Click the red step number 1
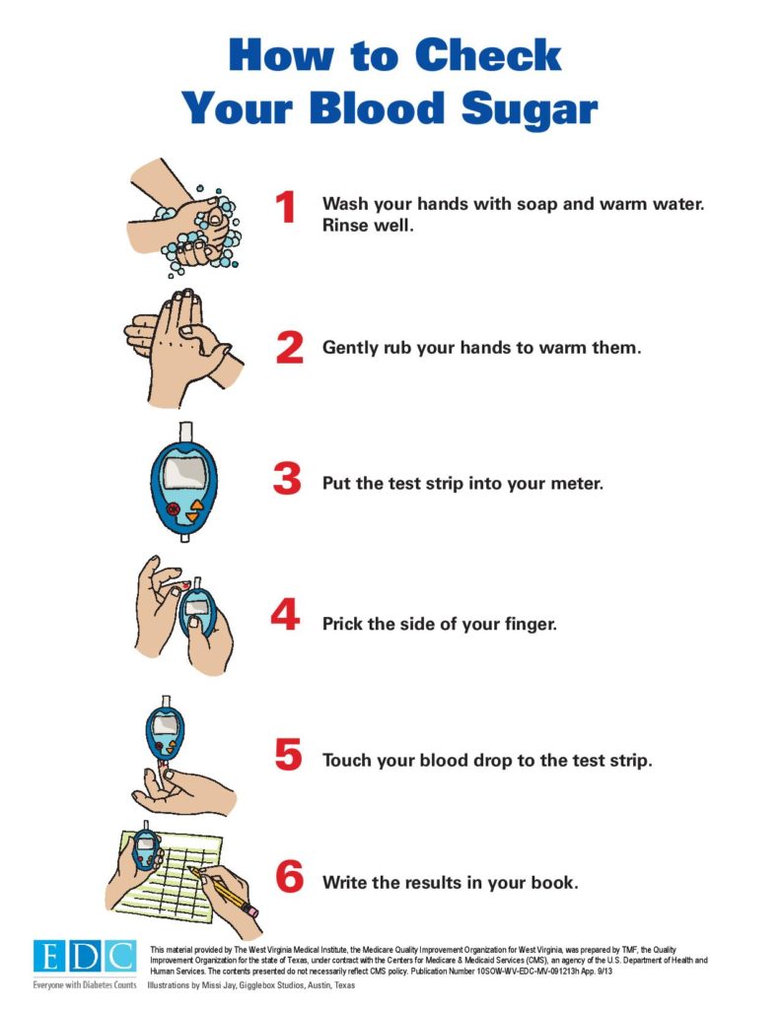tap(285, 207)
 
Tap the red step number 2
tap(289, 348)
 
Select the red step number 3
tap(287, 479)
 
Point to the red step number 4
tap(285, 614)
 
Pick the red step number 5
tap(289, 754)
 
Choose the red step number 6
tap(289, 876)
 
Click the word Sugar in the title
tap(530, 108)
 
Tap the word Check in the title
tap(487, 55)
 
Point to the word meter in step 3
tap(577, 483)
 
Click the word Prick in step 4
tap(342, 624)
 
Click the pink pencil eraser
tap(249, 910)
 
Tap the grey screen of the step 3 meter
tap(184, 471)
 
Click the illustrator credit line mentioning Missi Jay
tap(251, 985)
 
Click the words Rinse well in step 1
tap(368, 226)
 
